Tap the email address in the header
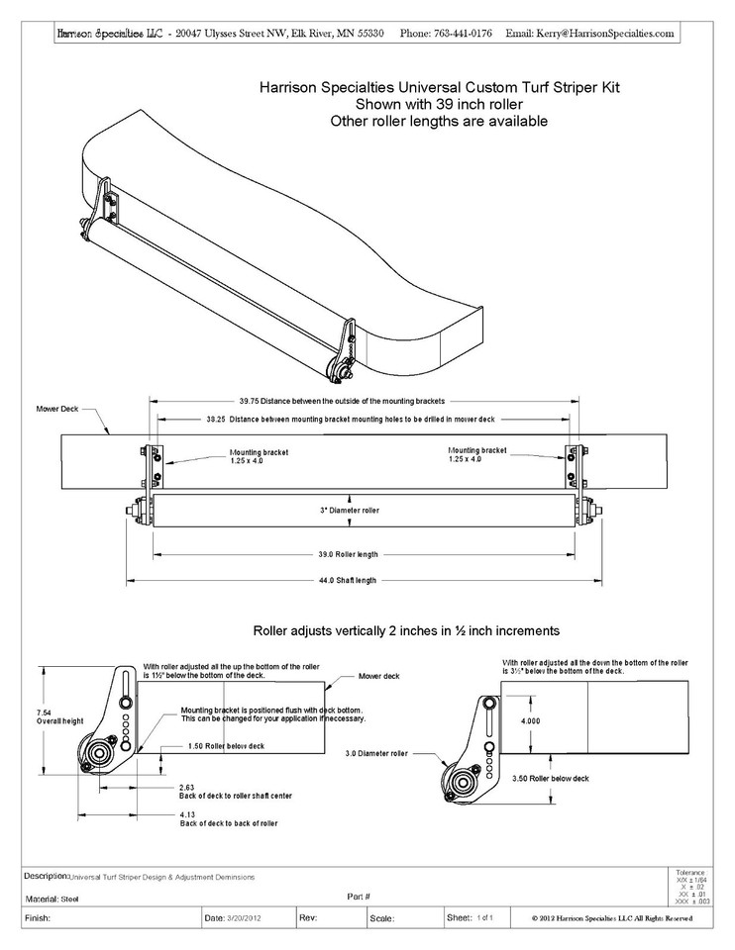(604, 33)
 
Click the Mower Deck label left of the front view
(56, 408)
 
